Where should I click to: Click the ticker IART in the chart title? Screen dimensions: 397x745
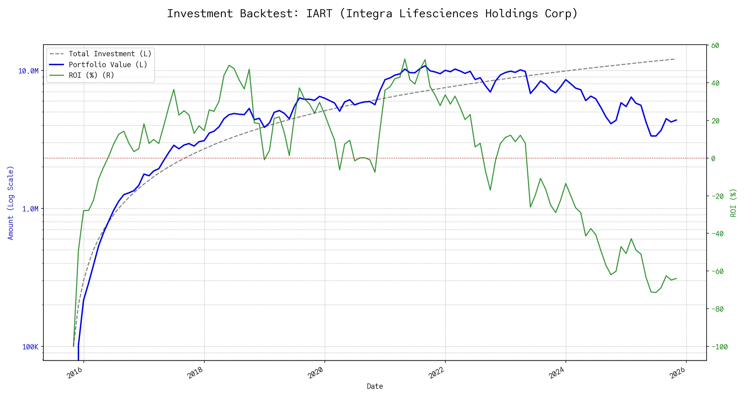tap(319, 14)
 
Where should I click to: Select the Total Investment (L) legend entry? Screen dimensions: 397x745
tap(110, 54)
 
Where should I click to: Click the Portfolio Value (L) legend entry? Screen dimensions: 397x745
tap(108, 65)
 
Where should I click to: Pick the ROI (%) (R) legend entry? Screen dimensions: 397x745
tap(91, 75)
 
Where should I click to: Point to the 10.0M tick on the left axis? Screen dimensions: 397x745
tap(28, 71)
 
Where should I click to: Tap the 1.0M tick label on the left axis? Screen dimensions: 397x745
tap(30, 209)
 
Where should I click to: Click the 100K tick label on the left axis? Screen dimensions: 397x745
tap(30, 347)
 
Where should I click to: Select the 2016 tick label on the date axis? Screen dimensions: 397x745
tap(74, 373)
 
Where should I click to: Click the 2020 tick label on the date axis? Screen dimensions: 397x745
tap(316, 373)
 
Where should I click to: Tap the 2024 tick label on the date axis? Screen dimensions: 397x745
tap(557, 373)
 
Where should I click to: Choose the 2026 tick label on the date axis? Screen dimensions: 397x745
tap(677, 373)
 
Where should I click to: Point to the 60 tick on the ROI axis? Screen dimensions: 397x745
tap(715, 46)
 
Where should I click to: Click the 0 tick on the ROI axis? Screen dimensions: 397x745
tap(713, 159)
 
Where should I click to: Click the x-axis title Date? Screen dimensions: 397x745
tap(375, 386)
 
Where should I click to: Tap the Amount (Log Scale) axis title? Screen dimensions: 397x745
tap(11, 203)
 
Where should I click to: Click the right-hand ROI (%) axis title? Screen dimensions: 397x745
tap(733, 203)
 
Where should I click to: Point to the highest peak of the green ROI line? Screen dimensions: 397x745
tap(405, 59)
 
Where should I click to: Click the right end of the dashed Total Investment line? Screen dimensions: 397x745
tap(676, 59)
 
